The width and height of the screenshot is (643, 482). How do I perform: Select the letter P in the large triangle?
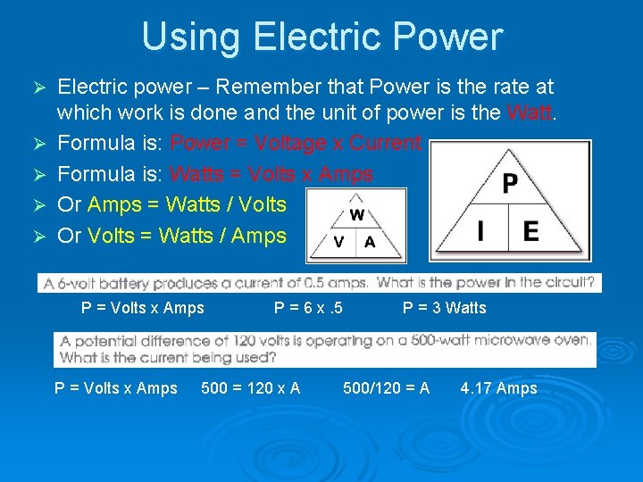(509, 184)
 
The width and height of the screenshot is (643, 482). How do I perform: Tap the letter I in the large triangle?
(481, 232)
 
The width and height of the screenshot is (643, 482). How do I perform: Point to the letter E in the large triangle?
(530, 232)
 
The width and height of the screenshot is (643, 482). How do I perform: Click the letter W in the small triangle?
(356, 215)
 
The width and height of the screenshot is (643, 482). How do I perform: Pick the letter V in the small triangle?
(338, 243)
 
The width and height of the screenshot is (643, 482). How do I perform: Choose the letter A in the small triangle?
(370, 243)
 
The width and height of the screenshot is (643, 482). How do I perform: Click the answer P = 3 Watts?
(445, 308)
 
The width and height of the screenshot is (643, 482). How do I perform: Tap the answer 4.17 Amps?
(498, 388)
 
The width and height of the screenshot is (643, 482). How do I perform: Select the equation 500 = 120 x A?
(251, 388)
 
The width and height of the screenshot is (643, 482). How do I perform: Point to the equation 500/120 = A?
(387, 388)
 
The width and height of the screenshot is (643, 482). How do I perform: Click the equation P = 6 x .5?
(309, 308)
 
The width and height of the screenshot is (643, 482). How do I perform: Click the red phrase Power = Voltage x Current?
(296, 143)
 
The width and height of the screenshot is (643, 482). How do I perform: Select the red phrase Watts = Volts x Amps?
(271, 174)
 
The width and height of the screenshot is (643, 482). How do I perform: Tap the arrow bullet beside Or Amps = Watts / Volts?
(38, 205)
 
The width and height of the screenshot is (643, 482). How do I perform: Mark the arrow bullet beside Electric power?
(38, 88)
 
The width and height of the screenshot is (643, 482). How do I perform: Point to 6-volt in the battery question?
(88, 283)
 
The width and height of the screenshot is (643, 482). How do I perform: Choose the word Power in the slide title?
(452, 37)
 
